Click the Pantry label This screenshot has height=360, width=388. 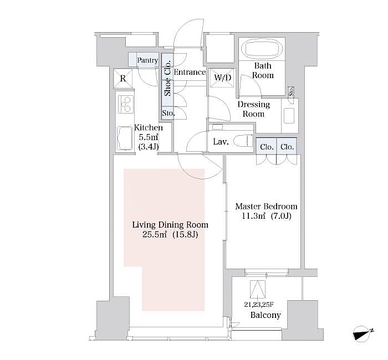(x=147, y=60)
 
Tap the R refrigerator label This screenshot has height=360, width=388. (x=122, y=78)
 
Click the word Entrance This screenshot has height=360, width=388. (x=190, y=73)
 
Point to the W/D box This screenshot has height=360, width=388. (x=222, y=78)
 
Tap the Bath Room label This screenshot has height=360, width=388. (x=263, y=70)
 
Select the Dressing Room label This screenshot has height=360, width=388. (x=254, y=109)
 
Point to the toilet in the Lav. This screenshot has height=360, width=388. (x=242, y=141)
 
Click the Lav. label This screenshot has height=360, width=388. (x=221, y=142)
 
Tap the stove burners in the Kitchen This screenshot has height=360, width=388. (x=125, y=104)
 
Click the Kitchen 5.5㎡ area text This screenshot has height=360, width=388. (x=148, y=137)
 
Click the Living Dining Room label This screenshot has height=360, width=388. (x=170, y=229)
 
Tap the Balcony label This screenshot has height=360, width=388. (x=266, y=315)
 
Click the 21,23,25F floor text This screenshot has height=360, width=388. (x=258, y=304)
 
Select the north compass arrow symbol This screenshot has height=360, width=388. (x=364, y=334)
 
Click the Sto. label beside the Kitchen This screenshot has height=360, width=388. (x=168, y=114)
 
